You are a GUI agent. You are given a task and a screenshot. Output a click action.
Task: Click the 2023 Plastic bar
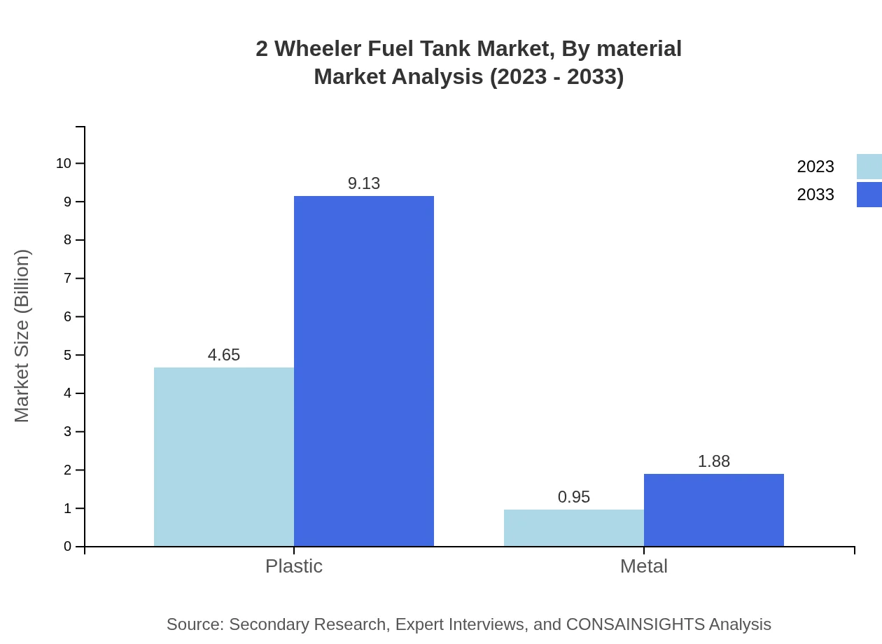224,456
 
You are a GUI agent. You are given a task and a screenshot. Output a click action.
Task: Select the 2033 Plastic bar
364,371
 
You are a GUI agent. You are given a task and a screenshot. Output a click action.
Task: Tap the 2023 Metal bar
574,528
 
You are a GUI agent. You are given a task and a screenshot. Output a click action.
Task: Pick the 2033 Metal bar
714,510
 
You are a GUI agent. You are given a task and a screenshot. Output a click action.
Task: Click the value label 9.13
364,183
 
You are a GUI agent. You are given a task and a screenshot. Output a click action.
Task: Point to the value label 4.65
224,355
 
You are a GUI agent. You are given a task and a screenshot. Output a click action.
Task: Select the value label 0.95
574,497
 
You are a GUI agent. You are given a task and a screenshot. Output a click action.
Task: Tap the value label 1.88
714,461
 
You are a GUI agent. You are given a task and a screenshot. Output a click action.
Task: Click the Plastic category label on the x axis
294,566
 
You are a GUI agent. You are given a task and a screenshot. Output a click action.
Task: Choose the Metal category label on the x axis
644,566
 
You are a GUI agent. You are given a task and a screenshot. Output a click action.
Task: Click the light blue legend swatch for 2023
869,167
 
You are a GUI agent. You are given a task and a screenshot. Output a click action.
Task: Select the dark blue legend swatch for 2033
869,195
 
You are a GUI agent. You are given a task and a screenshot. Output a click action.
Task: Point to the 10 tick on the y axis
64,163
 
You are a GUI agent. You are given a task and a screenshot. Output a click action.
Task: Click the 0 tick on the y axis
68,546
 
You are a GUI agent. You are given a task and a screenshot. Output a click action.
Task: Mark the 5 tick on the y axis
68,355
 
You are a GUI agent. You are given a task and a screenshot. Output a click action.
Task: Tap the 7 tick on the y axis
68,278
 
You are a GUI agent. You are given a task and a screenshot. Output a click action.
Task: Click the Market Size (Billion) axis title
22,336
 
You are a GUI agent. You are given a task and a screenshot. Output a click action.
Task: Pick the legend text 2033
815,195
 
